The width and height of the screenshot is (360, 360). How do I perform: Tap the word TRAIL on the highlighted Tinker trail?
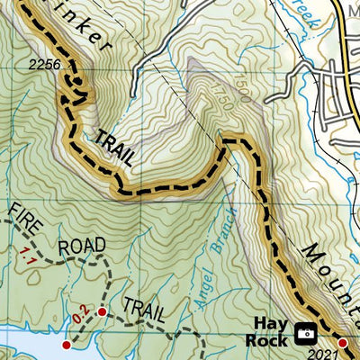(114, 146)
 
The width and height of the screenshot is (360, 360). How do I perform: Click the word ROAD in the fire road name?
(82, 246)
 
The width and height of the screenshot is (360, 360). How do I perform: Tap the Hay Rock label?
(269, 332)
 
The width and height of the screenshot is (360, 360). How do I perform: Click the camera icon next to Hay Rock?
(306, 333)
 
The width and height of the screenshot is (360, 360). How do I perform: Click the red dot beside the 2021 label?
(343, 342)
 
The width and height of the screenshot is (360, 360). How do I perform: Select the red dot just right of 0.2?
(102, 311)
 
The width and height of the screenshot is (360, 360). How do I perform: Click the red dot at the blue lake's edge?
(65, 345)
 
